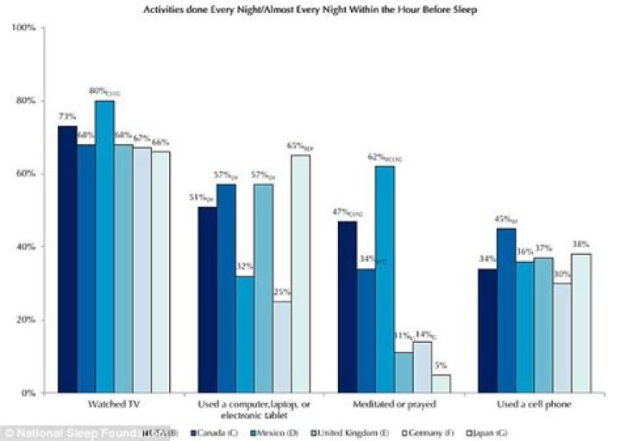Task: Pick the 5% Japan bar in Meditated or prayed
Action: click(441, 383)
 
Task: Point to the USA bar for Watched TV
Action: click(66, 259)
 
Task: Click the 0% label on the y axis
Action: click(27, 393)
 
